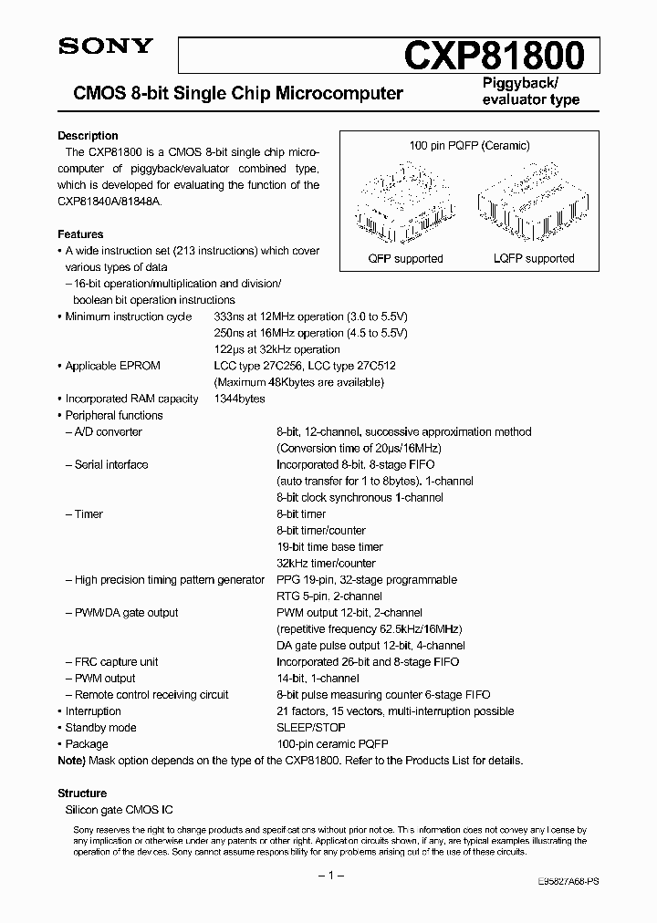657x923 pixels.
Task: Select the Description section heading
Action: pos(88,136)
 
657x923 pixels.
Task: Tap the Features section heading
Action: pos(80,234)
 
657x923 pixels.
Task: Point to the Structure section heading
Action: pos(82,793)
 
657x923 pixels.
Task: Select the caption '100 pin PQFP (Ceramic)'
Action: pos(470,146)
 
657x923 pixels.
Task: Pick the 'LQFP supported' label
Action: pos(537,259)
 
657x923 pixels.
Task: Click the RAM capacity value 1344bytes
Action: pos(239,399)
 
